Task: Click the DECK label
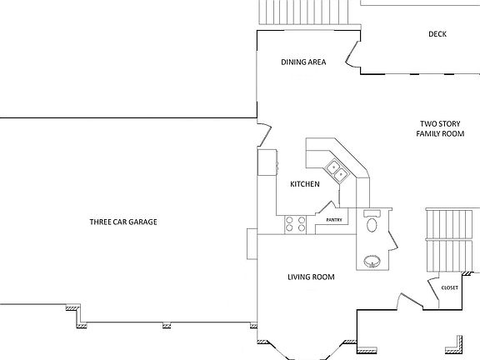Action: click(437, 34)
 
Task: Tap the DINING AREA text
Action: click(302, 62)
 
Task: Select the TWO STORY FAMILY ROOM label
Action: click(440, 128)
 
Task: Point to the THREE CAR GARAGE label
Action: click(123, 222)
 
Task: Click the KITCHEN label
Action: click(304, 184)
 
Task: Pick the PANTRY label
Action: click(334, 220)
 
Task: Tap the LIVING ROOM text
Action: click(311, 277)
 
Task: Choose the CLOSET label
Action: click(450, 287)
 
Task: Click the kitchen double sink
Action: click(338, 171)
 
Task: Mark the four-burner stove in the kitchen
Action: click(296, 223)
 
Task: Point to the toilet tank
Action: click(372, 212)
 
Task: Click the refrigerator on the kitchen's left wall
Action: click(267, 162)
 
